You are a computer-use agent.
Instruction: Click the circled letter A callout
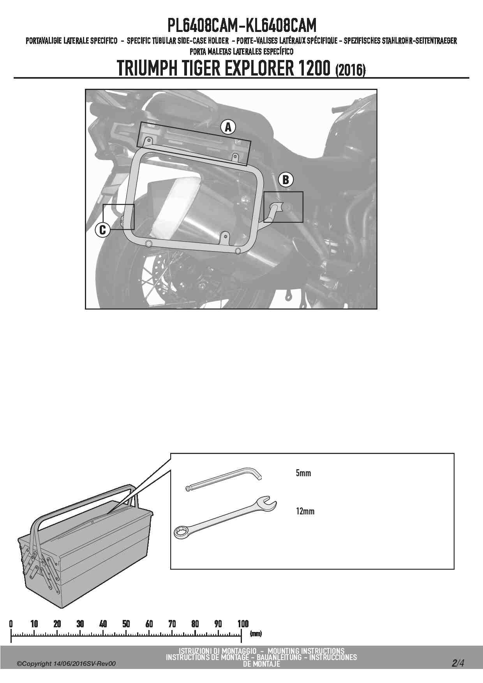click(x=228, y=127)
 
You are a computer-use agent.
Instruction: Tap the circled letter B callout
click(x=286, y=180)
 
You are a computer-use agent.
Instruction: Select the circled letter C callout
click(x=103, y=229)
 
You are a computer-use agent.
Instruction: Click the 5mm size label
click(x=303, y=474)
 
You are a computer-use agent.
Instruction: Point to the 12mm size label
click(x=305, y=511)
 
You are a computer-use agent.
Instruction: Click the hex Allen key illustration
click(x=224, y=479)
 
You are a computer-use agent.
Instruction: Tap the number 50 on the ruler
click(x=126, y=624)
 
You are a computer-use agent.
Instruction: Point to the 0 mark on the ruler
click(x=11, y=624)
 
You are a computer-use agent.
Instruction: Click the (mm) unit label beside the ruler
click(x=256, y=634)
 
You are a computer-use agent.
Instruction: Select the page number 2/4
click(x=458, y=663)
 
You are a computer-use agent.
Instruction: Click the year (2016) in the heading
click(x=350, y=70)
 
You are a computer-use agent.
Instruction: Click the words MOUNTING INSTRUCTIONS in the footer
click(x=306, y=651)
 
